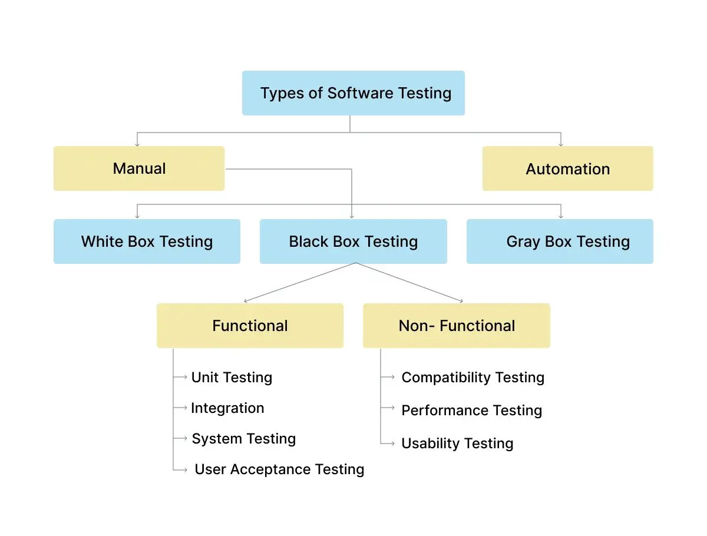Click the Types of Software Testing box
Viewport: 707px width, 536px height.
click(353, 93)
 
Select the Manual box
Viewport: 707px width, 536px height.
click(138, 168)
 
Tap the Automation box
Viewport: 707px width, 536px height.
click(567, 168)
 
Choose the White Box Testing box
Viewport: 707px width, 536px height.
click(147, 241)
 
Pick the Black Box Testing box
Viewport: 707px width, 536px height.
click(353, 241)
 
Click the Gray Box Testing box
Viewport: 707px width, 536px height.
click(560, 241)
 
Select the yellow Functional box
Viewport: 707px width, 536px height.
click(250, 326)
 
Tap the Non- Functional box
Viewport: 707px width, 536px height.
click(457, 326)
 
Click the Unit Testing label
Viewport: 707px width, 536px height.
click(232, 378)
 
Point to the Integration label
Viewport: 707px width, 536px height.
click(227, 408)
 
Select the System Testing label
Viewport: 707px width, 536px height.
click(243, 439)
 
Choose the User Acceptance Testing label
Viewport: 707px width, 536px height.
click(279, 469)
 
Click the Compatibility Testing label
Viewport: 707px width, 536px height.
click(473, 378)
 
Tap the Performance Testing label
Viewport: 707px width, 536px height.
click(471, 411)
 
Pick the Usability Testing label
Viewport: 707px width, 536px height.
click(457, 444)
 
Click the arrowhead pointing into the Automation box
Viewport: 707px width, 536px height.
click(560, 143)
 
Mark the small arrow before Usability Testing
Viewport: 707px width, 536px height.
click(388, 444)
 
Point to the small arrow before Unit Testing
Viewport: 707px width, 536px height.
click(181, 377)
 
